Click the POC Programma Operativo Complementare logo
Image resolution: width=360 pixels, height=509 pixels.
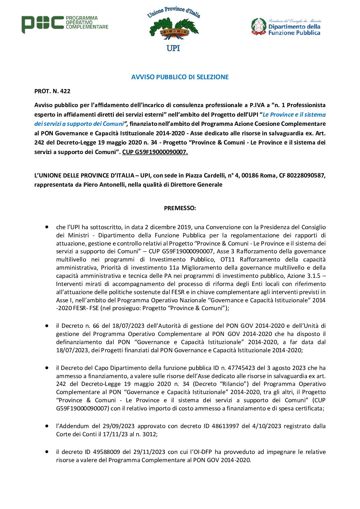coord(65,24)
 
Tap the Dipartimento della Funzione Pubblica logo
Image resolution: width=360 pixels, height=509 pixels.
coord(286,27)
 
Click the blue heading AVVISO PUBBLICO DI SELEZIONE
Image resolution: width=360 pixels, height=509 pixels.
coord(180,77)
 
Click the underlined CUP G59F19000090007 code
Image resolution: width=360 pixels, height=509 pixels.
coord(155,152)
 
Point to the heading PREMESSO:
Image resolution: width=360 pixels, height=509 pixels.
coord(180,208)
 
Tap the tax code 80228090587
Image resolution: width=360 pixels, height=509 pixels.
coord(306,175)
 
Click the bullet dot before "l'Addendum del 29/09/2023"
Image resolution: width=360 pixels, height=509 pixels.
coord(47,426)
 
